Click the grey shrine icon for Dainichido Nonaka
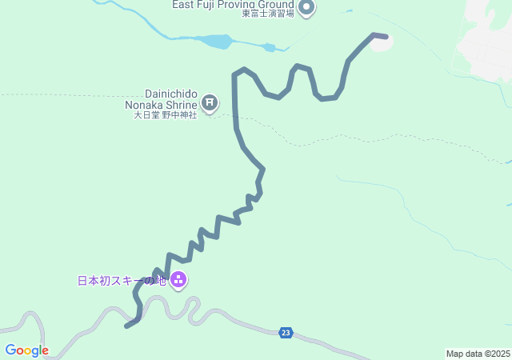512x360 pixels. point(210,102)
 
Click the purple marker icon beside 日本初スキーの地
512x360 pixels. point(178,279)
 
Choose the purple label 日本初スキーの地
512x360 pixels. point(122,281)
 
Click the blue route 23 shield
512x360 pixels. point(286,333)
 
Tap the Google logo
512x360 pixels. point(26,350)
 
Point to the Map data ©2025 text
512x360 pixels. point(478,354)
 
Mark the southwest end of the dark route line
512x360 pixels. point(127,326)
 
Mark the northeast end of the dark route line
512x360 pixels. point(386,37)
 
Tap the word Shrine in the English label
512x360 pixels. point(180,104)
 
